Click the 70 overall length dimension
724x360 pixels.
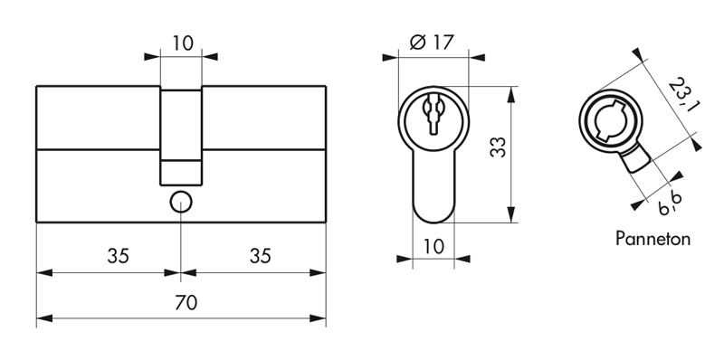click(186, 303)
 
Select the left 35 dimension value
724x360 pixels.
click(119, 256)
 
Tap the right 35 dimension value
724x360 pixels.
click(261, 256)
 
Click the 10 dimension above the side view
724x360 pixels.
click(183, 43)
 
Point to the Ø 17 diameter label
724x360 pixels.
click(433, 43)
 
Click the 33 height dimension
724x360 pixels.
click(499, 147)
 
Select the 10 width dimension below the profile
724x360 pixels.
click(433, 246)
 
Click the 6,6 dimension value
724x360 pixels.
click(670, 203)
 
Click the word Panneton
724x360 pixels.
click(653, 239)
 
